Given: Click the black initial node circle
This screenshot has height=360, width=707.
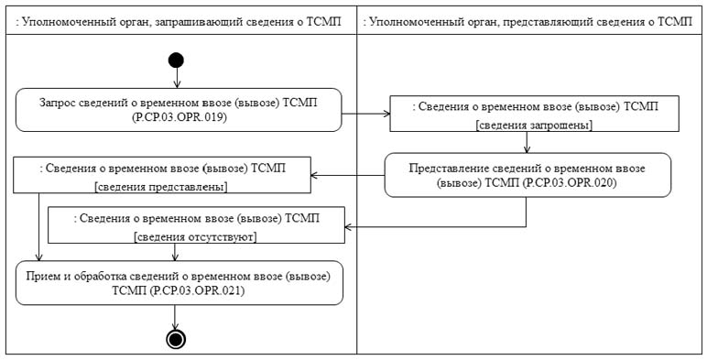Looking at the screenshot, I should coord(176,60).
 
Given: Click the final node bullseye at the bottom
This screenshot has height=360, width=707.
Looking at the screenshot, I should coord(176,339).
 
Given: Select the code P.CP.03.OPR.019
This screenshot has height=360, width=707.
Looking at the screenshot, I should coord(179,117).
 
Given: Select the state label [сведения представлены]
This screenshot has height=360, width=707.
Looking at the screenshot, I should coord(161,186).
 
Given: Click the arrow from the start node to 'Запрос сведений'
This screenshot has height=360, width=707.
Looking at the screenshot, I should coord(176,78).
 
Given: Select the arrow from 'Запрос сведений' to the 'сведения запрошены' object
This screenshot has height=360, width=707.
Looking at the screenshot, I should coord(364,115).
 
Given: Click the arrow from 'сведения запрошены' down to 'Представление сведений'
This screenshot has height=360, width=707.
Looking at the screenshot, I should coord(528,143).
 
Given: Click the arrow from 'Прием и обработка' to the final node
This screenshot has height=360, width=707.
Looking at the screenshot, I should coord(176,317).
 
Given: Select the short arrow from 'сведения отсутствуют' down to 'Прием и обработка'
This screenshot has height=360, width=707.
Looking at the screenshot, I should coord(176,252).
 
